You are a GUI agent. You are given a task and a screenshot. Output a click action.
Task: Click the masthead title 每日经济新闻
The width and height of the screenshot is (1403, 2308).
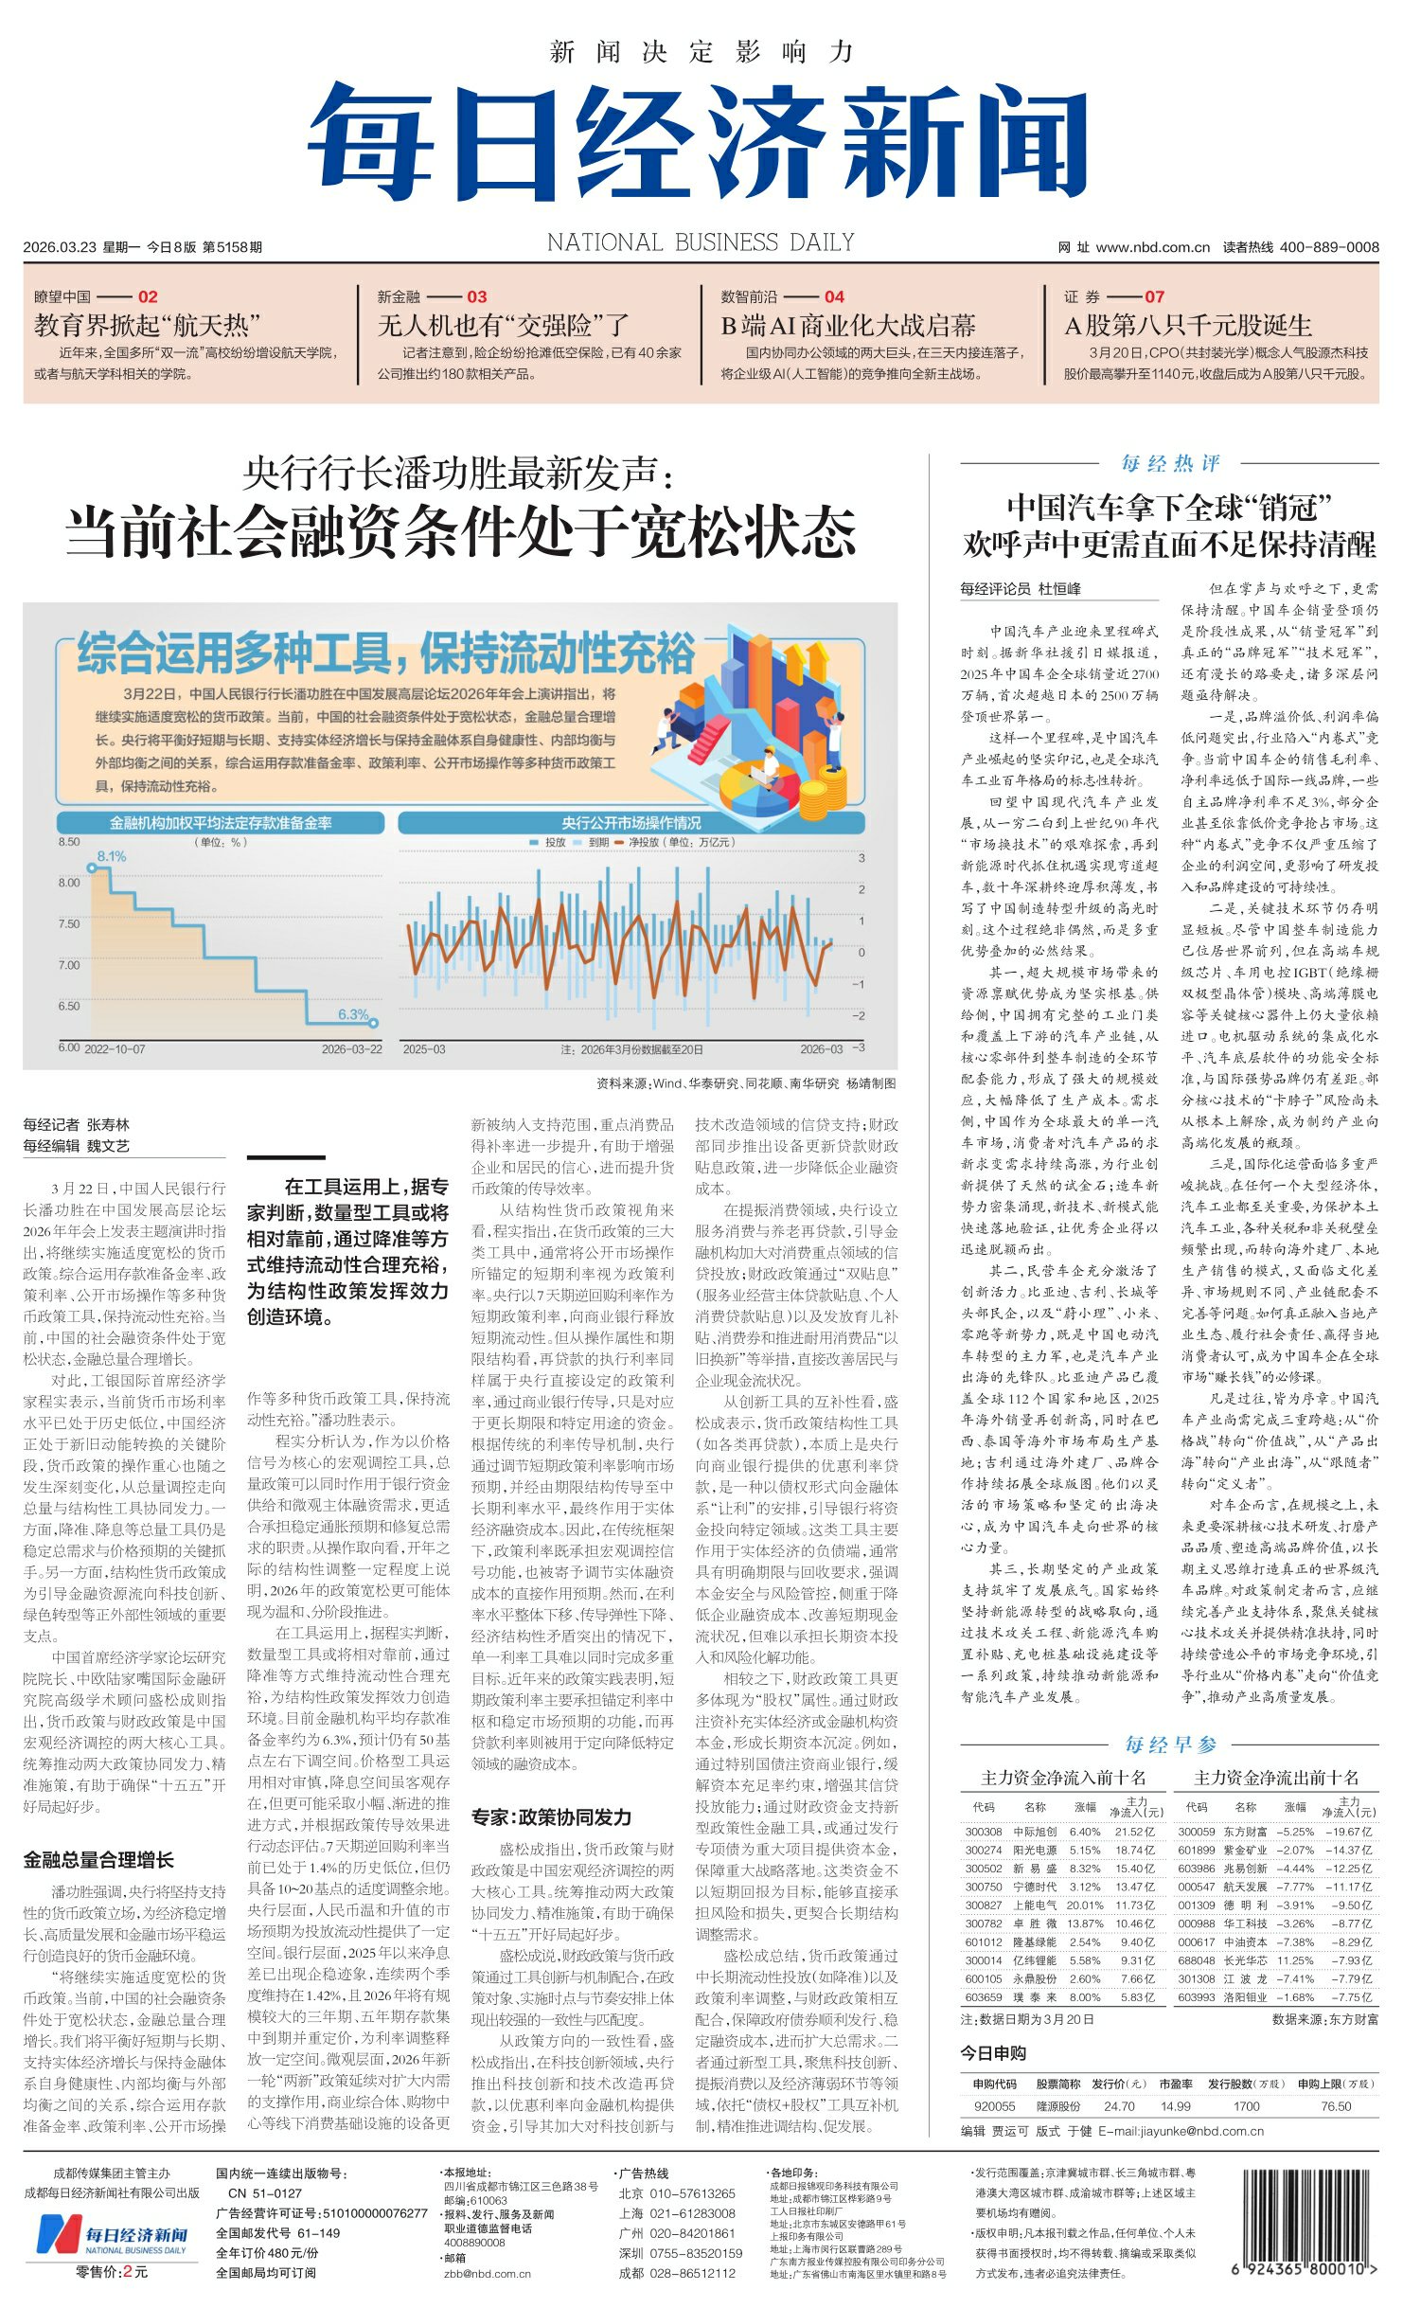699,142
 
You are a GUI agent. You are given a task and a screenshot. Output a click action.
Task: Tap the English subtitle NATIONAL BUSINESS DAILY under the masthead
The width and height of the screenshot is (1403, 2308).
701,243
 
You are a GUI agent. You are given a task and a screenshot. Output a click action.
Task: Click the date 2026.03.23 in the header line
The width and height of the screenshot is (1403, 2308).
60,247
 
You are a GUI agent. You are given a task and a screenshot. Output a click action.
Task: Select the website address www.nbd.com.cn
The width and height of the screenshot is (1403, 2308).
1152,247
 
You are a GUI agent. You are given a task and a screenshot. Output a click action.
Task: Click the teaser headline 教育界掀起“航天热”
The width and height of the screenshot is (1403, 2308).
147,326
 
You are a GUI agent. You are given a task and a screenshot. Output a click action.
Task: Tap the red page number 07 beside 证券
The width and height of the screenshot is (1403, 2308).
1154,296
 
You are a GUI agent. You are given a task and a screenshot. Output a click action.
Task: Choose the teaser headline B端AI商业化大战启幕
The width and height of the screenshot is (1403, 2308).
848,326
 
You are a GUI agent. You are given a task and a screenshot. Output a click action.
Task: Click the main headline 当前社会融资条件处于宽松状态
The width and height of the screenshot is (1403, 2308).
461,532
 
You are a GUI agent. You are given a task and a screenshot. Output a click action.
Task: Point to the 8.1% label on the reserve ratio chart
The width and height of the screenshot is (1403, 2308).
112,856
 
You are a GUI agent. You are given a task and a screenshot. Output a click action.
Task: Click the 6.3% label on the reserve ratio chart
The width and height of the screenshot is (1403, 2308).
353,1014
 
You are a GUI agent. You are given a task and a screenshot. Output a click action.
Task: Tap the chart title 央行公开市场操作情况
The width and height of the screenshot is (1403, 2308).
630,823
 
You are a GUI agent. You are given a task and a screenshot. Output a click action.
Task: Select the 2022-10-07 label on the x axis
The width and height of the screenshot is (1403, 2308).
115,1049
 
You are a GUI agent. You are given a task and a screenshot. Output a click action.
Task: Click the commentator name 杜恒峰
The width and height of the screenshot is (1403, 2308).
1059,588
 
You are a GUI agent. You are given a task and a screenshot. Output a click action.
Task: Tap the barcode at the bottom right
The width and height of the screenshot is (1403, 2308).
1304,2231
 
